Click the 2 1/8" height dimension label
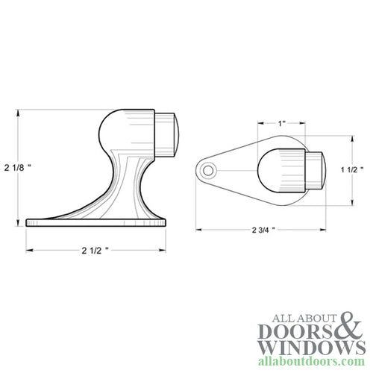pyautogui.click(x=17, y=168)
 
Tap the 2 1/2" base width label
pyautogui.click(x=95, y=251)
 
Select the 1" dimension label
pyautogui.click(x=281, y=123)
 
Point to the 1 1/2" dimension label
pyautogui.click(x=352, y=170)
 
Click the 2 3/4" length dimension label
pyautogui.click(x=263, y=230)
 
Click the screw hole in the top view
pyautogui.click(x=208, y=171)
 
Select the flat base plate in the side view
pyautogui.click(x=95, y=222)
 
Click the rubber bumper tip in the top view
pyautogui.click(x=316, y=171)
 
